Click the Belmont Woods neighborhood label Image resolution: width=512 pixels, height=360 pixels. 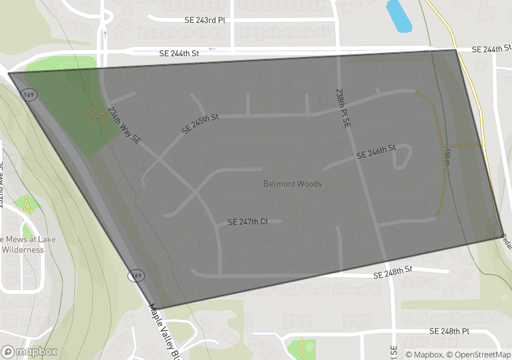coord(292,184)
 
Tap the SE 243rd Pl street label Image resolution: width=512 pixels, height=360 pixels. coord(205,20)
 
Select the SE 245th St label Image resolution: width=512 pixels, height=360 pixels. coord(200,124)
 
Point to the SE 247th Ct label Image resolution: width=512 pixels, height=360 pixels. coord(248,222)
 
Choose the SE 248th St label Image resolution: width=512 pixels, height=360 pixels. coord(393,274)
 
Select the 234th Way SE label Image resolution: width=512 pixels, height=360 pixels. coord(124,126)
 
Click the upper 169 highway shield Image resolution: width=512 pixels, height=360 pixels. coord(29,96)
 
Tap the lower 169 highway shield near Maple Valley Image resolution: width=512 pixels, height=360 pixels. coord(136,275)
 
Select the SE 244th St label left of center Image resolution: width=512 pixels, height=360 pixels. coord(179,53)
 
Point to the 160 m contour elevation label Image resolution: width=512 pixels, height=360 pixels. coord(447,158)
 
